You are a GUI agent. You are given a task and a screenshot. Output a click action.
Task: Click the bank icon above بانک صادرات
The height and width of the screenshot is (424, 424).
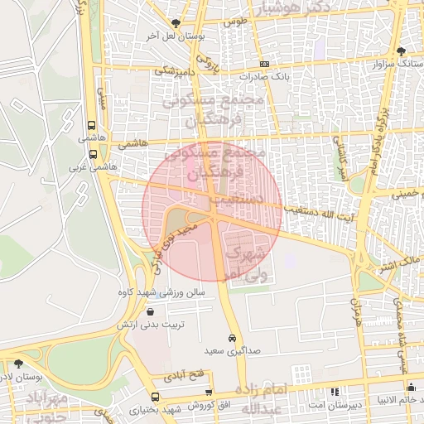263,64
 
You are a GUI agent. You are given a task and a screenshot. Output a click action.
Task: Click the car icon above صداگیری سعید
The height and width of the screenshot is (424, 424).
234,339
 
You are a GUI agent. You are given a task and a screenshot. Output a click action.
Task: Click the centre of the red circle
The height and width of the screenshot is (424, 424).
212,211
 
